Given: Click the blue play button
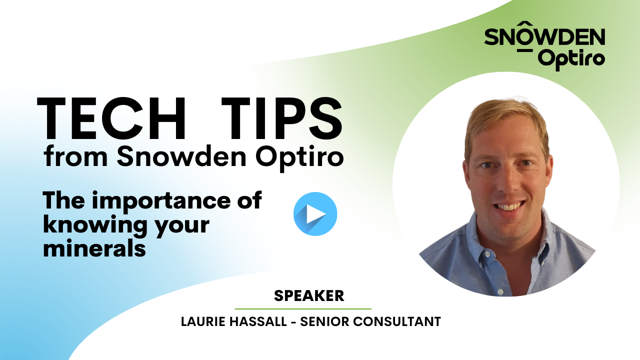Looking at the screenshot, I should tap(315, 214).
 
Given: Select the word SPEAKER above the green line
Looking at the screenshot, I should tap(309, 296).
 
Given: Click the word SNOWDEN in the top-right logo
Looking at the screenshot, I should tap(544, 37).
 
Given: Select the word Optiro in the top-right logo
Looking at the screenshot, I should tap(572, 59).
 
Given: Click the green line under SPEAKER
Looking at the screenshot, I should tap(303, 309).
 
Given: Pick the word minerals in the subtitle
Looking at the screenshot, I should tap(94, 248).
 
